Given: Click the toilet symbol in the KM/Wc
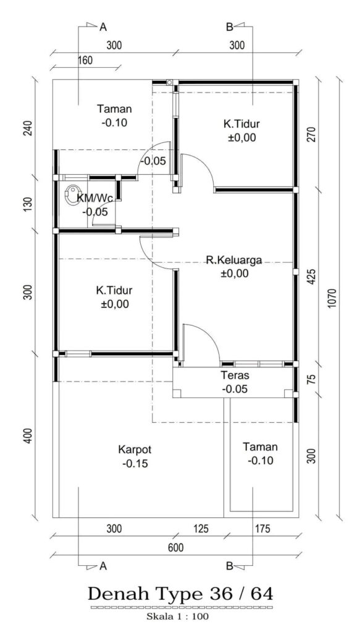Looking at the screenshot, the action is point(73,190).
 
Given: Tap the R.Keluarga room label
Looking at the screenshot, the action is point(234,260).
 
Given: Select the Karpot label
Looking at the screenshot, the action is point(135,449).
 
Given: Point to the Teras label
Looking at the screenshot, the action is point(235,375).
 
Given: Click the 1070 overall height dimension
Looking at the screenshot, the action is point(332,298).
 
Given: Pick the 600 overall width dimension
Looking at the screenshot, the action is point(176,548).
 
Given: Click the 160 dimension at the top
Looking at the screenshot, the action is point(85,60).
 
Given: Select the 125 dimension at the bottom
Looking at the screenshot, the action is point(201,529).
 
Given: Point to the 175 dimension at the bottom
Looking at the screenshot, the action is point(262,529).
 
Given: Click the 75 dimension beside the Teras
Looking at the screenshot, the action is point(311,380).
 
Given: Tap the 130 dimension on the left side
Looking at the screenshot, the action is point(28,205).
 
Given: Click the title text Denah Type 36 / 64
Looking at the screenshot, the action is point(180,594).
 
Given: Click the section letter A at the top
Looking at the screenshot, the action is point(103,27).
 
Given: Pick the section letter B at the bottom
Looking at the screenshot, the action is point(229,567).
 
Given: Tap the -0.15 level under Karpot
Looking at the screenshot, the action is point(135,464).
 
